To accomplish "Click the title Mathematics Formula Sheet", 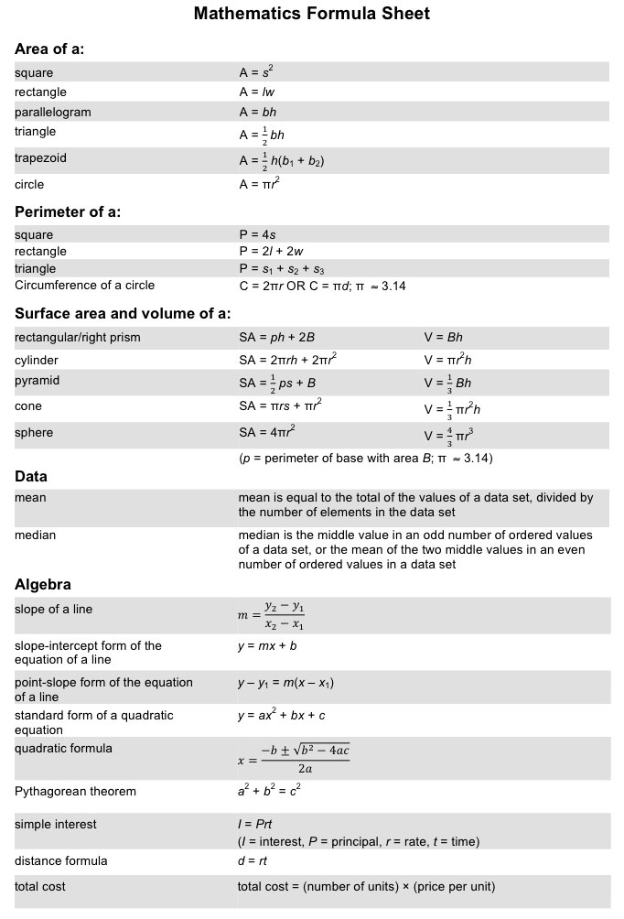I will tap(311, 14).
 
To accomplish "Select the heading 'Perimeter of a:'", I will tap(68, 212).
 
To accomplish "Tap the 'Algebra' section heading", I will tap(43, 584).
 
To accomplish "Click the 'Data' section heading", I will tap(31, 476).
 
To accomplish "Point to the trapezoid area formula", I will tap(282, 161).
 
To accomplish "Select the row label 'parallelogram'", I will tap(53, 112).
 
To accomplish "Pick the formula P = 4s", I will tap(257, 234).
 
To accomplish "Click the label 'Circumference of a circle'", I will tap(85, 286).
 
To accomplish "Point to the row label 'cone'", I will tap(28, 406).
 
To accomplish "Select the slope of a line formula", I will tap(272, 616).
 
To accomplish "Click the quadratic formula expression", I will tap(294, 759).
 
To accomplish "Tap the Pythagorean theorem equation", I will tap(268, 791).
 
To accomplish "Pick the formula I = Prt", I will tap(255, 824).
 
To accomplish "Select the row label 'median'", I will tap(35, 535).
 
